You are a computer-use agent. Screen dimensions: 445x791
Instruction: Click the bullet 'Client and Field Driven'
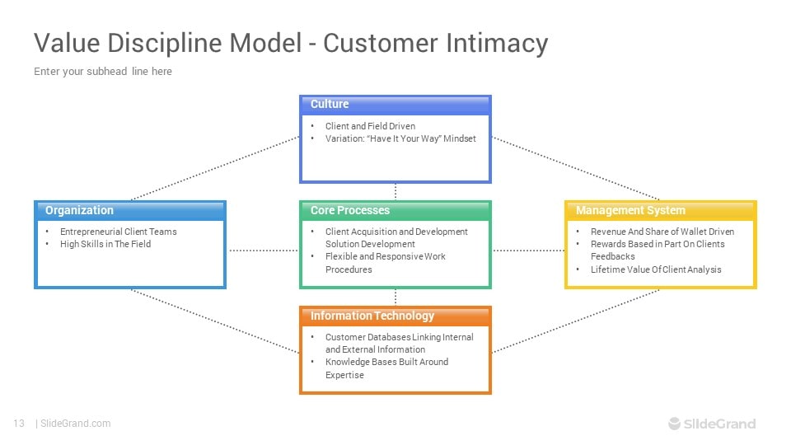click(x=370, y=126)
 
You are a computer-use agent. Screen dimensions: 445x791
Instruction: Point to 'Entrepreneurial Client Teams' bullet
click(x=118, y=232)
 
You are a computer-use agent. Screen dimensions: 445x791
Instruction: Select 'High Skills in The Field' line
click(x=105, y=244)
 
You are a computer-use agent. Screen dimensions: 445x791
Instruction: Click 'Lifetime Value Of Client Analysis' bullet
click(x=656, y=269)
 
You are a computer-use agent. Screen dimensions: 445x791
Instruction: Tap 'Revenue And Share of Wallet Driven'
click(x=662, y=232)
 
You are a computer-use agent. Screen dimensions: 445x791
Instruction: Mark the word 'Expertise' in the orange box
click(x=344, y=375)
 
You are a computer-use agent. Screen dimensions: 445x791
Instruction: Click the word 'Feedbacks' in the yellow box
click(x=613, y=256)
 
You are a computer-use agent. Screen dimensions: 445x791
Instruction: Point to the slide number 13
click(x=19, y=424)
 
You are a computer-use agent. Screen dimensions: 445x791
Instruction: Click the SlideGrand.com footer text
click(x=75, y=424)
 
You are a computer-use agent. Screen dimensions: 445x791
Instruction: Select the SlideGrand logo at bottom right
click(x=711, y=424)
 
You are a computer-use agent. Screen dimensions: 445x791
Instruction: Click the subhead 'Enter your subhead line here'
click(x=103, y=72)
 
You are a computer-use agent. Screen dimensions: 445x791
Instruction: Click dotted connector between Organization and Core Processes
click(x=263, y=250)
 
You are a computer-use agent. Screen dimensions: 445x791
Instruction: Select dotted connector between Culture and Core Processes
click(x=395, y=191)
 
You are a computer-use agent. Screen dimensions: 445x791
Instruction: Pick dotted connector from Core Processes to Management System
click(x=527, y=250)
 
